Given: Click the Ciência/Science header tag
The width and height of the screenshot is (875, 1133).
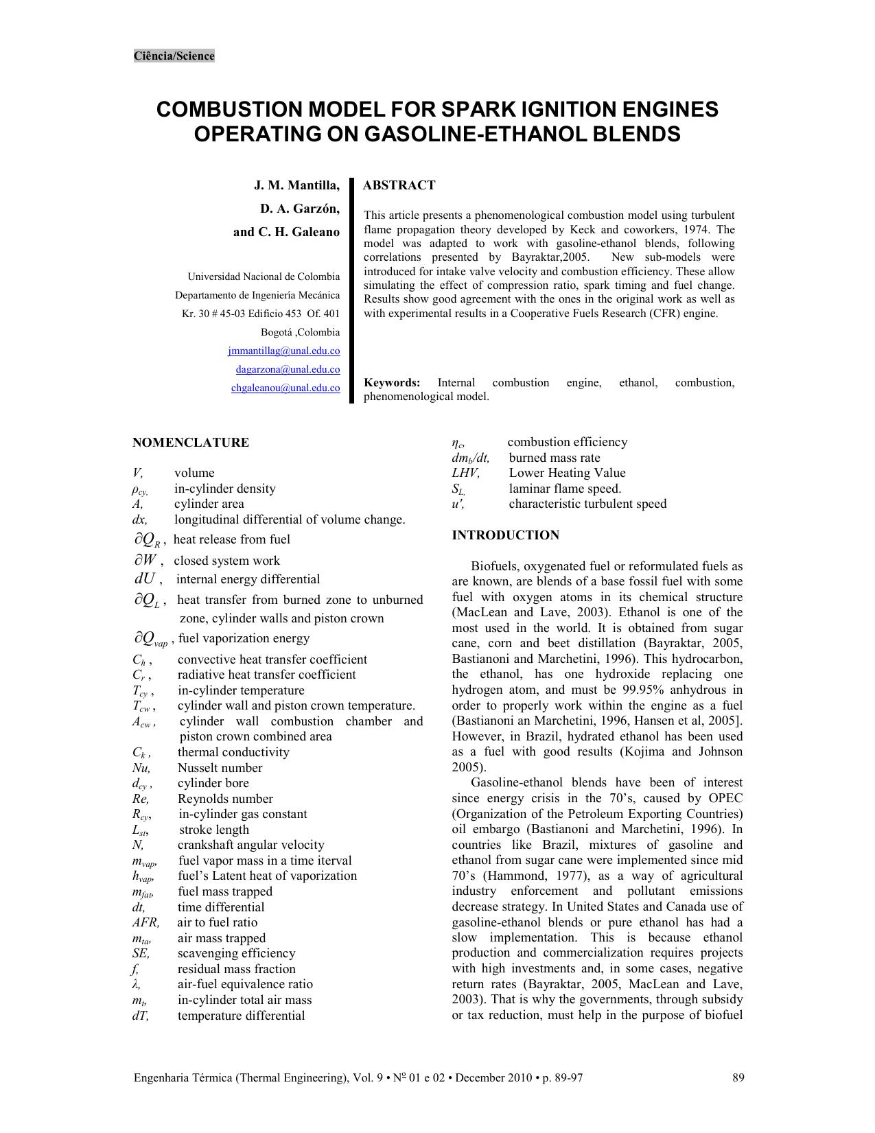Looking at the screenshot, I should click(174, 56).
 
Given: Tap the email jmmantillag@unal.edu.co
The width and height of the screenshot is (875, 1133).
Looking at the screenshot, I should click(283, 351).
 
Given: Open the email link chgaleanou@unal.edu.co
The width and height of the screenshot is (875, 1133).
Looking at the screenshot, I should click(285, 388).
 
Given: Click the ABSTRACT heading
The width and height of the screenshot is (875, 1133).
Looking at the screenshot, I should click(399, 185).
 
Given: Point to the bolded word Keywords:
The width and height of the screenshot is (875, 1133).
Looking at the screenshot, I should click(392, 383).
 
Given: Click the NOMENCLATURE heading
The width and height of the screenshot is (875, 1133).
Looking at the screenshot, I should click(191, 443).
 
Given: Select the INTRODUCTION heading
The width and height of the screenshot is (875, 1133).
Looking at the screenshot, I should click(505, 535).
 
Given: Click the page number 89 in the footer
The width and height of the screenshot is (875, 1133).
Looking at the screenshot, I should click(738, 1077).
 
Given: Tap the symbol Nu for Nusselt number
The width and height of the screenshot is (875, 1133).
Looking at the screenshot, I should click(141, 768).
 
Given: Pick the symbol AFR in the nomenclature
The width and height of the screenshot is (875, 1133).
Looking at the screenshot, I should click(145, 922).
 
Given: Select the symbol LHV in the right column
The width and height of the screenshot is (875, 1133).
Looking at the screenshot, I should click(465, 473).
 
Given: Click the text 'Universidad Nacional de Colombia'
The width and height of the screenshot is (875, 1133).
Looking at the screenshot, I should click(264, 277).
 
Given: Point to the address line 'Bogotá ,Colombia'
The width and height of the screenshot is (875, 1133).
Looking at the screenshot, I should click(300, 332).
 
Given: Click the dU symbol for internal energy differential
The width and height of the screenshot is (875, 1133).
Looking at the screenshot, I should click(148, 579).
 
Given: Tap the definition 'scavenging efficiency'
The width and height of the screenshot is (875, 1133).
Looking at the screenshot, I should click(236, 953).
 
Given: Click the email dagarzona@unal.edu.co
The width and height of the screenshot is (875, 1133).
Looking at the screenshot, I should click(288, 369).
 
